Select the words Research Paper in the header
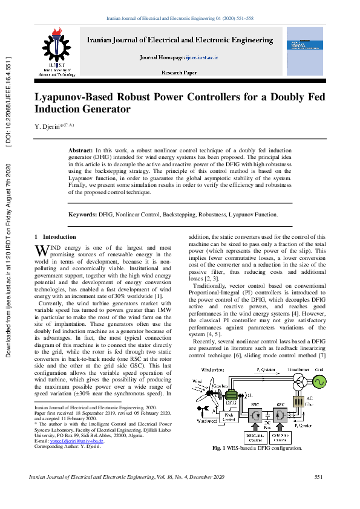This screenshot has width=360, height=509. (179, 72)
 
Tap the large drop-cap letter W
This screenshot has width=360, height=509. (41, 250)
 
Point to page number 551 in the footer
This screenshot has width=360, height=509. (319, 478)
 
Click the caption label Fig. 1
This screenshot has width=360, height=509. (220, 449)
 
